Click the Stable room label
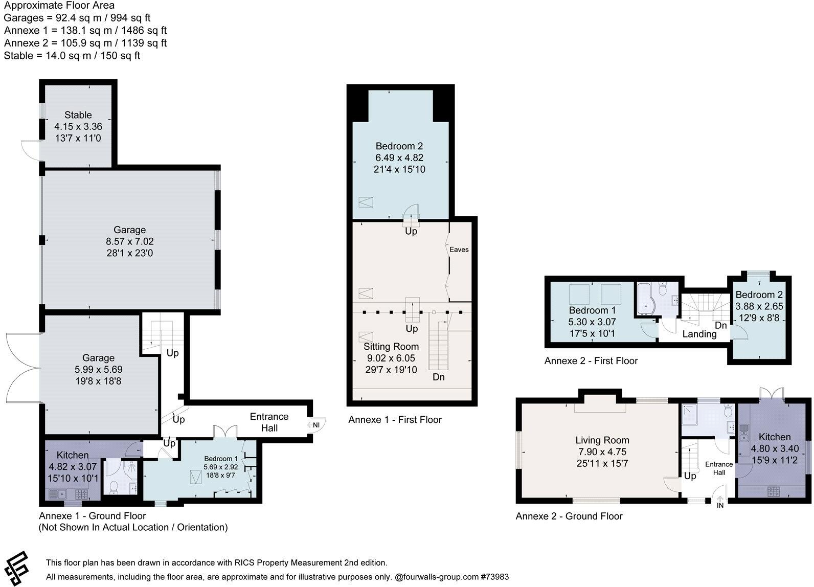(78, 115)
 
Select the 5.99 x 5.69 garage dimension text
(98, 369)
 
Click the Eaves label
(459, 250)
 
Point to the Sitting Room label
(391, 347)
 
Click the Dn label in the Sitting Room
(438, 377)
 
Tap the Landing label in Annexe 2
(699, 334)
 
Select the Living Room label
(602, 440)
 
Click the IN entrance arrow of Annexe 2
(720, 502)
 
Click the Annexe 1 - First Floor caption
(395, 420)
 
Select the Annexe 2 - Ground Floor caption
(569, 516)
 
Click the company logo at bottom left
(17, 568)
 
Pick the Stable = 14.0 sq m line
(72, 56)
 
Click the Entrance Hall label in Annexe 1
(269, 422)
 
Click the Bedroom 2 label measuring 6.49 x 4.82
(399, 146)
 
